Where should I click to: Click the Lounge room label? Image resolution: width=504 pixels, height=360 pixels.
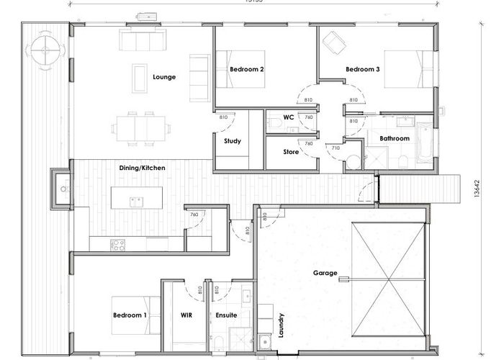point(164,77)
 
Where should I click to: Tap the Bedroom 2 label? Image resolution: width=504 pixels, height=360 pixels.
point(246,70)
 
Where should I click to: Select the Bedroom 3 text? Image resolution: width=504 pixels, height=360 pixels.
point(363,70)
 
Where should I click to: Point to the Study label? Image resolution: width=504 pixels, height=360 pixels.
point(232,141)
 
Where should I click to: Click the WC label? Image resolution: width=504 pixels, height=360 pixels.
point(288,117)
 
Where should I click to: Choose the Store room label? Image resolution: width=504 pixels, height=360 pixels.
point(290,152)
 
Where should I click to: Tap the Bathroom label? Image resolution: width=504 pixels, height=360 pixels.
point(395,138)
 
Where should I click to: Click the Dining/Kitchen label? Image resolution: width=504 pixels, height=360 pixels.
point(142,168)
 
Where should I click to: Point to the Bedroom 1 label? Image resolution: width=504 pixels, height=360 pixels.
point(130,315)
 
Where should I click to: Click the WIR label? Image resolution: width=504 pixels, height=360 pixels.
point(185,315)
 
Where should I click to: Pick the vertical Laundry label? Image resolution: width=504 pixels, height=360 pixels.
point(282,325)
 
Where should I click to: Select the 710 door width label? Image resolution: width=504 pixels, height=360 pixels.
point(336,148)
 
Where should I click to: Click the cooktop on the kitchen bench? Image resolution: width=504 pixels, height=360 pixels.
point(117,245)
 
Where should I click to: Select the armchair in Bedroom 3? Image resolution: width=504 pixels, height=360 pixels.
point(333,43)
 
